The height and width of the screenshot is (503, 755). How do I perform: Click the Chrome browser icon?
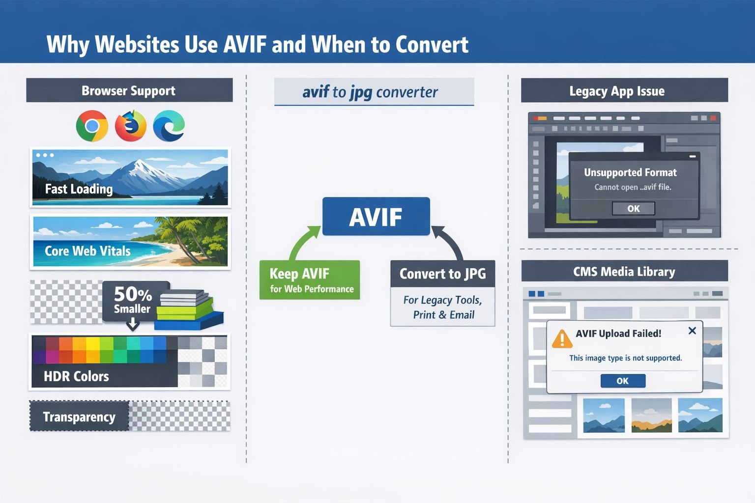92,126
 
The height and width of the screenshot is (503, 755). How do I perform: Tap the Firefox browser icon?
130,126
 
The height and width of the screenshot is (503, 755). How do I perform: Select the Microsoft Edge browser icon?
169,126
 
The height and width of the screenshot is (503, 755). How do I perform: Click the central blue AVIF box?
376,217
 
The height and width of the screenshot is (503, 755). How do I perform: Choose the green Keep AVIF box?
310,280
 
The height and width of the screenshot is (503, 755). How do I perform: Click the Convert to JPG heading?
442,274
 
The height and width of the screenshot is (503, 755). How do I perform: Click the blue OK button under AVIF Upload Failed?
623,381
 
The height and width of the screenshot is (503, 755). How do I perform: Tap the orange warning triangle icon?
561,339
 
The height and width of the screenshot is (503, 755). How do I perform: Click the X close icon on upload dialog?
692,331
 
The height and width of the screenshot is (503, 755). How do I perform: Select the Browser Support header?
129,90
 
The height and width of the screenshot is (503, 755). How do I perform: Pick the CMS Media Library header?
624,272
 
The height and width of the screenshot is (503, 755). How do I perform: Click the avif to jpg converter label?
370,92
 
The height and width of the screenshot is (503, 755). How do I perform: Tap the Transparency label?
79,417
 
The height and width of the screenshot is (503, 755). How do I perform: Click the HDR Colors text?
76,376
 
